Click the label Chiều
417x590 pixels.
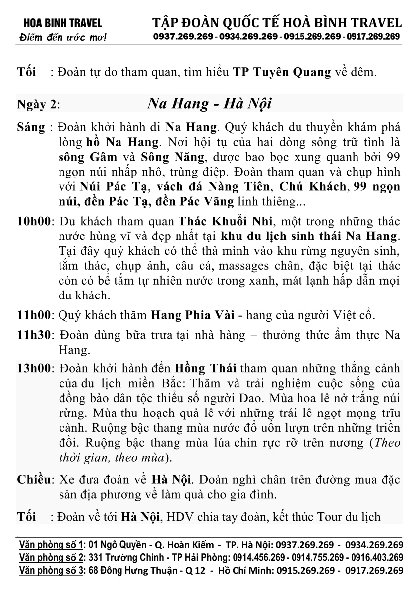(35, 480)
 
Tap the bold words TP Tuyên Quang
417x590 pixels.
(282, 72)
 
